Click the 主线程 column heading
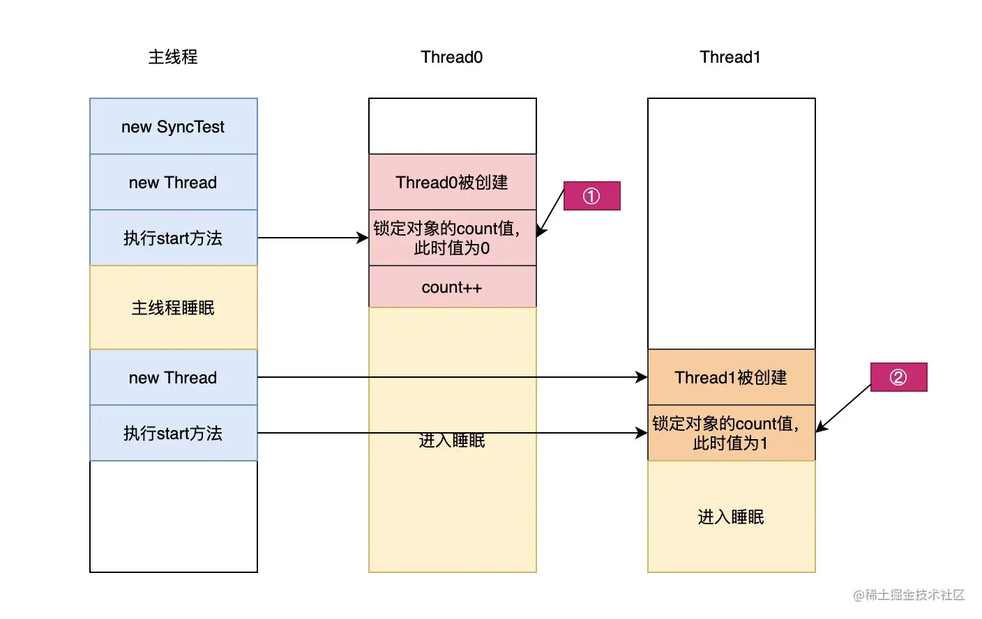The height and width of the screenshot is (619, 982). (173, 57)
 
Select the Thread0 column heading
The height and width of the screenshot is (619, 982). (452, 57)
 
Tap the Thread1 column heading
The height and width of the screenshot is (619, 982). (730, 57)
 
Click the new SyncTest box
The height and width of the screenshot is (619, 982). (173, 127)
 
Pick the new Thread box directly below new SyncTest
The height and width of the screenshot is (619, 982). (173, 183)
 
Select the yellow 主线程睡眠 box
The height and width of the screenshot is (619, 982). (173, 307)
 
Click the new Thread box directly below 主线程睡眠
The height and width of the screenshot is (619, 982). (173, 378)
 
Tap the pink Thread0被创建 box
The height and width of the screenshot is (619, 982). (452, 183)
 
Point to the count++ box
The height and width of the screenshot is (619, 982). (452, 287)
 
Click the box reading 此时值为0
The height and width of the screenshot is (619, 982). (452, 238)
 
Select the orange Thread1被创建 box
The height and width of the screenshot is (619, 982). (731, 378)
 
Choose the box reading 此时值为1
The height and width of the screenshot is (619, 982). (731, 434)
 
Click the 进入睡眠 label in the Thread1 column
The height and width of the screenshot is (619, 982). (731, 517)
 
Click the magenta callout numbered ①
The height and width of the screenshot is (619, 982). (591, 197)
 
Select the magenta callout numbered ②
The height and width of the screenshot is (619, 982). (898, 378)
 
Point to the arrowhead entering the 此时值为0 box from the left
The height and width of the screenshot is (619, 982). (363, 238)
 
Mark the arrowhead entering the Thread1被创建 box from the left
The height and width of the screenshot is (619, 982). (642, 377)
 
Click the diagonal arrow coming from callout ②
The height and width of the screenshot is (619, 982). (844, 408)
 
